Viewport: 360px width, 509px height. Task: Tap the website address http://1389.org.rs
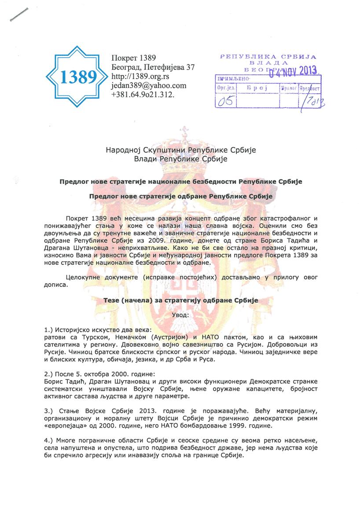138,77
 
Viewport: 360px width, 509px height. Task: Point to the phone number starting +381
143,94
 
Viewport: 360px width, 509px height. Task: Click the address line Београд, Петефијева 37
153,67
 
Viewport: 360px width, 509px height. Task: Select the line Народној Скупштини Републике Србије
180,150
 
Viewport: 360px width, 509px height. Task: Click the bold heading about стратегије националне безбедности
180,181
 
